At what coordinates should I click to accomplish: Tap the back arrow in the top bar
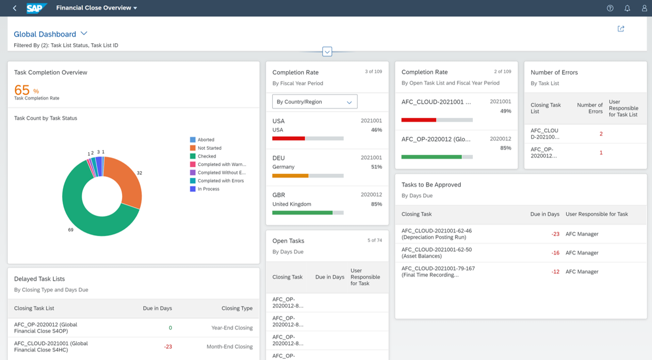coord(15,8)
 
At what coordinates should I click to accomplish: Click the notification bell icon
coord(627,8)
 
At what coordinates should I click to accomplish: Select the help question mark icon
coord(610,8)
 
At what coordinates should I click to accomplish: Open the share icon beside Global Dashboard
coord(621,29)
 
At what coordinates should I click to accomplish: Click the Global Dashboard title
coord(45,34)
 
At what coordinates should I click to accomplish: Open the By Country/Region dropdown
coord(314,102)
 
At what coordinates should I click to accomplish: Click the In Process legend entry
coord(208,189)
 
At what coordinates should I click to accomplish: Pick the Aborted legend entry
coord(205,139)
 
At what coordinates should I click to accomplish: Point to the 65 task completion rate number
coord(22,89)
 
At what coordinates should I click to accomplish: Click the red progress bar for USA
coord(289,138)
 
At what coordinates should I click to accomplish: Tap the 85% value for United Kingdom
coord(376,204)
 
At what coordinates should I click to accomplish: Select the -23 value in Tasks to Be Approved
coord(555,234)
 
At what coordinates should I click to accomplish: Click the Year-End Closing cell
coord(232,327)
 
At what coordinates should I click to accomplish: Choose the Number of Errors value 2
coord(601,134)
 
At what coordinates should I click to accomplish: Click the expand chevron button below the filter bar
coord(327,52)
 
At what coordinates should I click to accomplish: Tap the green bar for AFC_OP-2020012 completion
coord(431,157)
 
